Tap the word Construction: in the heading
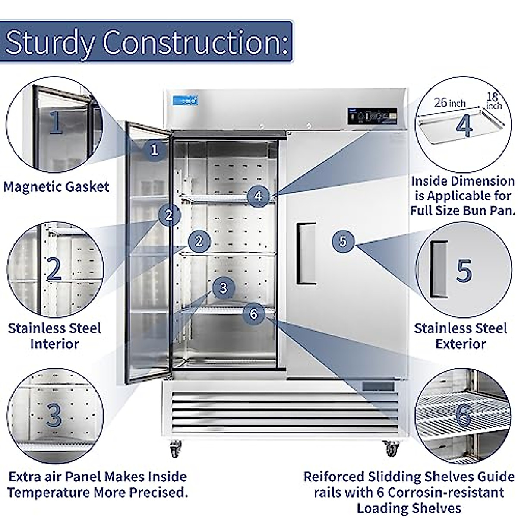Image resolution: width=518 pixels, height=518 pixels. [x=195, y=42]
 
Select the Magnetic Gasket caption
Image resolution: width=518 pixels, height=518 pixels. [x=57, y=187]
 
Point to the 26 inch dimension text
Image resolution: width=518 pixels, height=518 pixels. [x=450, y=103]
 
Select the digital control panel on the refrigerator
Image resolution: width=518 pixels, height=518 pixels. [x=372, y=116]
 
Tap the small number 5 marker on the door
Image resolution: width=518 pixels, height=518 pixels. [x=343, y=240]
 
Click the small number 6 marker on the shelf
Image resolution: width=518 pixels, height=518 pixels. [x=253, y=313]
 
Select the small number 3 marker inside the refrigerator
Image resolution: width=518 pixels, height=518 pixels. [x=223, y=287]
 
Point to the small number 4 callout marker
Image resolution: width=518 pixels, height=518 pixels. [x=258, y=196]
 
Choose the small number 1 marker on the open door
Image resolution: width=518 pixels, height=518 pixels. [x=154, y=150]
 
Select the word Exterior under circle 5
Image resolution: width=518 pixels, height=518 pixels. [x=461, y=344]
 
